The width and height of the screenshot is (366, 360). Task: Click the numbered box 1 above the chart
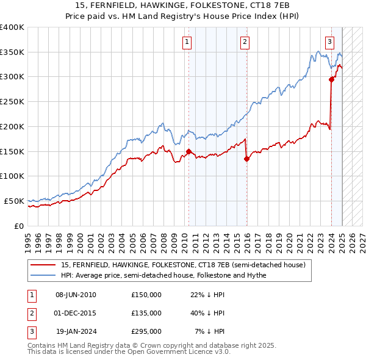[x=186, y=42]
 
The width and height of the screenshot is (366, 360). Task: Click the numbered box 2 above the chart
[x=244, y=42]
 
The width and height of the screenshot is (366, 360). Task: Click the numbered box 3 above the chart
[x=329, y=42]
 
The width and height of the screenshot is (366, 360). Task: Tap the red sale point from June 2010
[x=188, y=151]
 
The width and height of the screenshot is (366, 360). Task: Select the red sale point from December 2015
[x=246, y=159]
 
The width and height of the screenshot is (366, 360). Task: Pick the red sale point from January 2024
[x=331, y=79]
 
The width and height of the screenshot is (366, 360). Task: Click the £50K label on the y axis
[x=14, y=201]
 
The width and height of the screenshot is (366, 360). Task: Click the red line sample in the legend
[x=43, y=265]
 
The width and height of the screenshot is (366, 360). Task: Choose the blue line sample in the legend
[x=43, y=275]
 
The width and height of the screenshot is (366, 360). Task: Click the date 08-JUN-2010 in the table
[x=76, y=295]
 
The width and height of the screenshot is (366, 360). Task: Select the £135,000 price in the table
[x=146, y=313]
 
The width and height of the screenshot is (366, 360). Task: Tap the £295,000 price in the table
[x=146, y=331]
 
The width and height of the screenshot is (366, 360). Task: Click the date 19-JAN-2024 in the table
[x=76, y=331]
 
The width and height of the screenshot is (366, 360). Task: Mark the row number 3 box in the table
[x=30, y=331]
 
